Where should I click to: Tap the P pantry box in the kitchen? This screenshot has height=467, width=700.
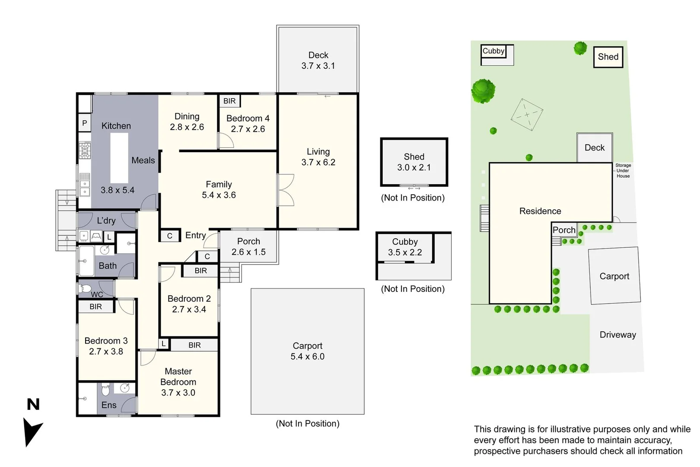tap(84, 123)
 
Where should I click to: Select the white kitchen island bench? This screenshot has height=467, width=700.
tap(119, 158)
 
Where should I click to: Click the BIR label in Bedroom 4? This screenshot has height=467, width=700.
tap(229, 101)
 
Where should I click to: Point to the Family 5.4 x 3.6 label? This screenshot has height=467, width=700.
tap(219, 190)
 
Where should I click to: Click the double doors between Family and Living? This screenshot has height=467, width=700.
tap(286, 190)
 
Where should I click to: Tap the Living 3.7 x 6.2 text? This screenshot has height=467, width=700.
tap(318, 157)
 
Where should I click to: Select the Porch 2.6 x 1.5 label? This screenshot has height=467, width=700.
tap(248, 246)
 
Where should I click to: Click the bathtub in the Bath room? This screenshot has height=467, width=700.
tap(86, 261)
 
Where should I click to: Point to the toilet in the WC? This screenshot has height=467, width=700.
tap(85, 288)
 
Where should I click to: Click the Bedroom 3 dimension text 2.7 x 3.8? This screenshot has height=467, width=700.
tap(106, 352)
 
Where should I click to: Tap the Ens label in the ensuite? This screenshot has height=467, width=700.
tap(109, 405)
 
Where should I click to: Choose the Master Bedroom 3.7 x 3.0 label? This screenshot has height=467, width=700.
tap(178, 382)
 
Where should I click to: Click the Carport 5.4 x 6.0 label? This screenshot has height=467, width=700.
tap(307, 351)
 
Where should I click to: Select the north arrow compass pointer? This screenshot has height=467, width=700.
tap(32, 431)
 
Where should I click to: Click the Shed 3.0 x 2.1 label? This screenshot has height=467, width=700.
tap(414, 162)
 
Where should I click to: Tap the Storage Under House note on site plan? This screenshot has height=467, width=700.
tap(623, 170)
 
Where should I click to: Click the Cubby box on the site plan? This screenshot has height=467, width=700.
tap(493, 51)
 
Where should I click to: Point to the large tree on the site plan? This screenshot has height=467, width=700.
tap(483, 91)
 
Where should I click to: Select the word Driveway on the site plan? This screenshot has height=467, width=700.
tap(617, 335)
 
